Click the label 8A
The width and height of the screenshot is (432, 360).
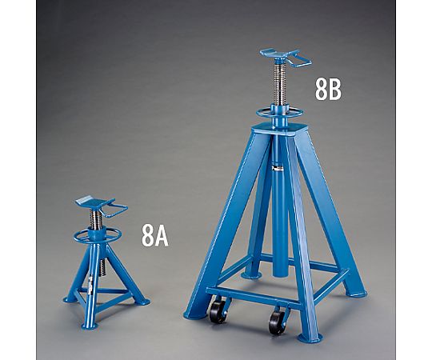[155, 235]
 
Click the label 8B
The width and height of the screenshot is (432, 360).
[328, 90]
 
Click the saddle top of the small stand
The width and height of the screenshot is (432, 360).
[94, 202]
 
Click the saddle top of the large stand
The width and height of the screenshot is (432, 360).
[279, 54]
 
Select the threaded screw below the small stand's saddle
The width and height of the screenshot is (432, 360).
[97, 219]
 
